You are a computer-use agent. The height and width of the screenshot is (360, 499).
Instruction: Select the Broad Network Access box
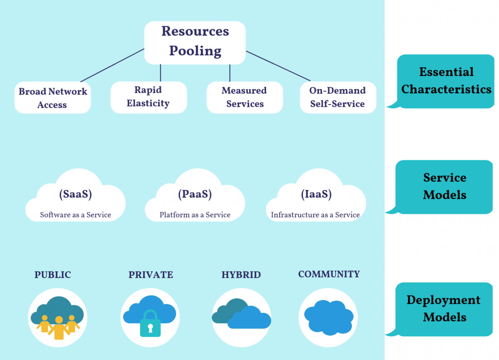tap(53, 98)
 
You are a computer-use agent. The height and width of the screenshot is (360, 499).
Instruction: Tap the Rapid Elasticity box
tap(148, 97)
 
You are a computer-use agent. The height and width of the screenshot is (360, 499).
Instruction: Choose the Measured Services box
tap(245, 97)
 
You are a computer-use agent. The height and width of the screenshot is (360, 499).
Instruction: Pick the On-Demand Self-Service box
tap(338, 97)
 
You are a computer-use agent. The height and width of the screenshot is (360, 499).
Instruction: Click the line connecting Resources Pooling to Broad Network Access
tap(112, 65)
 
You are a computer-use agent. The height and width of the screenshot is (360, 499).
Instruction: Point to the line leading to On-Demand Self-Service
tap(279, 66)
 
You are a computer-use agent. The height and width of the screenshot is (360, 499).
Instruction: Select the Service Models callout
tap(445, 186)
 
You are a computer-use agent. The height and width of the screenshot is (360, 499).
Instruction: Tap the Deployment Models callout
tap(444, 308)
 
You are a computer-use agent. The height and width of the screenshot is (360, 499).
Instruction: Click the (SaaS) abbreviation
tap(75, 194)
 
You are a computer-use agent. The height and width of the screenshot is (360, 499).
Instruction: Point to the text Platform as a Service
tap(195, 215)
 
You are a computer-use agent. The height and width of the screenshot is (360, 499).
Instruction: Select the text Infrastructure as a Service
tap(315, 215)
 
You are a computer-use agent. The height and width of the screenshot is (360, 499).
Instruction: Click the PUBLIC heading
tap(53, 275)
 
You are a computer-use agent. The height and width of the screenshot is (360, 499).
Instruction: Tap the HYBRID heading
tap(241, 275)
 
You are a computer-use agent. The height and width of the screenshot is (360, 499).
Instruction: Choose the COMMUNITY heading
tap(329, 274)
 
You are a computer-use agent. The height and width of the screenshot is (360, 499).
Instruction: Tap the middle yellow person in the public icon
tap(59, 328)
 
